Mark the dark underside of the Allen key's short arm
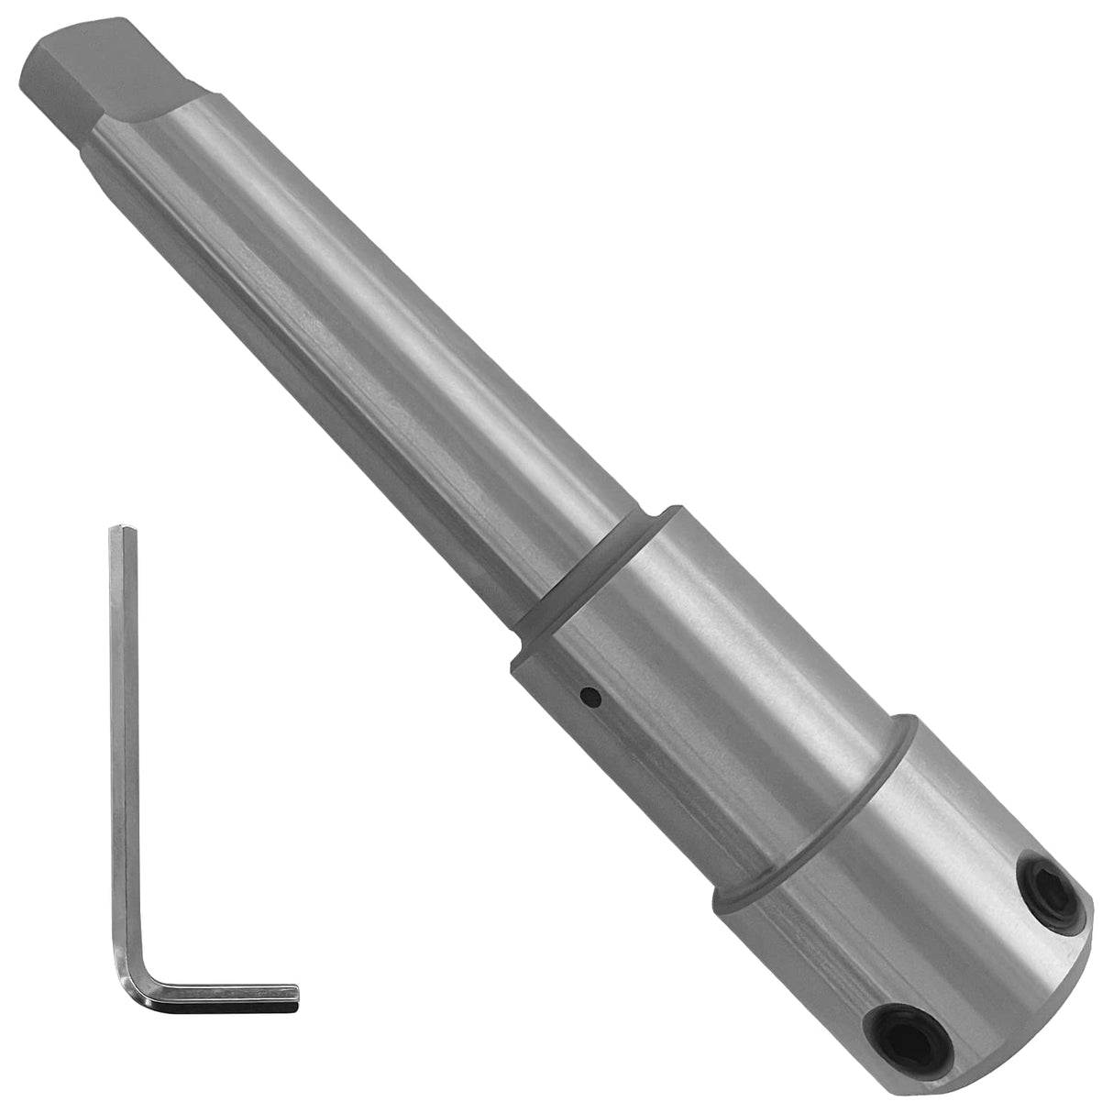(229, 1008)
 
